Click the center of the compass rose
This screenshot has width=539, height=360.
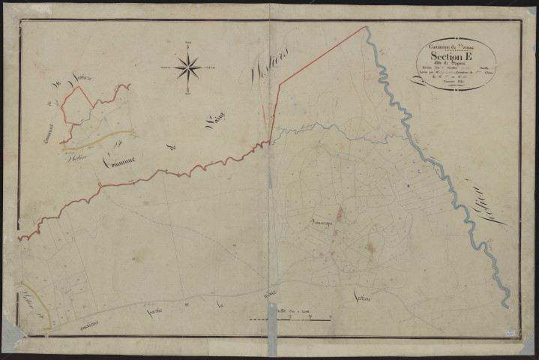tap(187, 68)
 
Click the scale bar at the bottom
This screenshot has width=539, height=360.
tap(289, 320)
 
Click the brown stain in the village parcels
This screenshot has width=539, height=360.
tap(370, 245)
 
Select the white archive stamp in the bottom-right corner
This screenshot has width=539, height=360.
tap(511, 331)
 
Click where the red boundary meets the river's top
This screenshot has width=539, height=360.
tap(367, 28)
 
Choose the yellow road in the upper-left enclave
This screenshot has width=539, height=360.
tap(105, 136)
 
